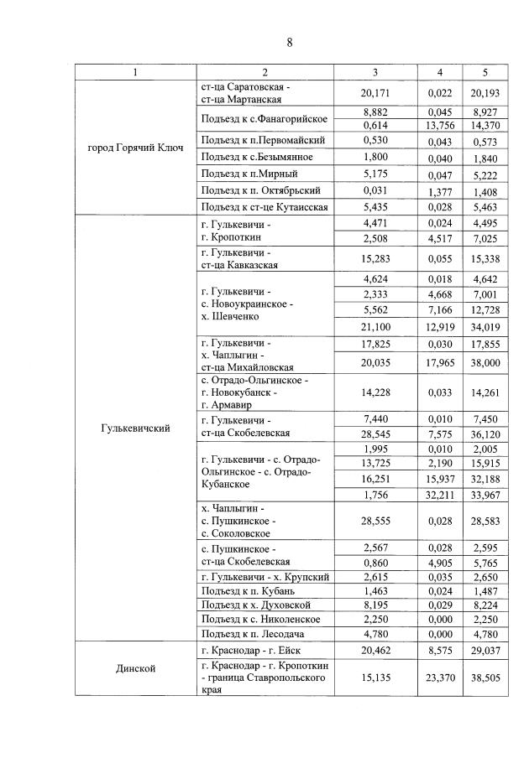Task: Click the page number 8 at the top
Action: pos(289,43)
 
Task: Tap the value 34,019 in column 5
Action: pos(486,326)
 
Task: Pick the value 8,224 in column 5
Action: pos(486,605)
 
